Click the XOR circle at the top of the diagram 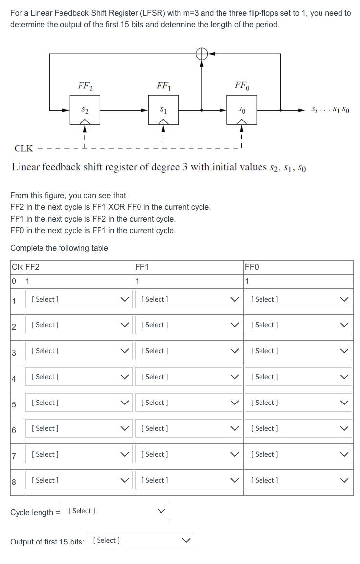tap(201, 54)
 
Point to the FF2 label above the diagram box tap(85, 86)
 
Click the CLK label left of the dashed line tap(24, 148)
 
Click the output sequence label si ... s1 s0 tap(330, 110)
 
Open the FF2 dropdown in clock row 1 tap(79, 299)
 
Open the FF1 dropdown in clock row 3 tap(189, 351)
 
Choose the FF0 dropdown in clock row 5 tap(298, 403)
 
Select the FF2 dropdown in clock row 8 tap(79, 480)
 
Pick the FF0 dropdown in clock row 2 tap(298, 325)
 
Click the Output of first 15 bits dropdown tap(140, 540)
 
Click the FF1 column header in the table tap(142, 267)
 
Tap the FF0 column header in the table tap(252, 267)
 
